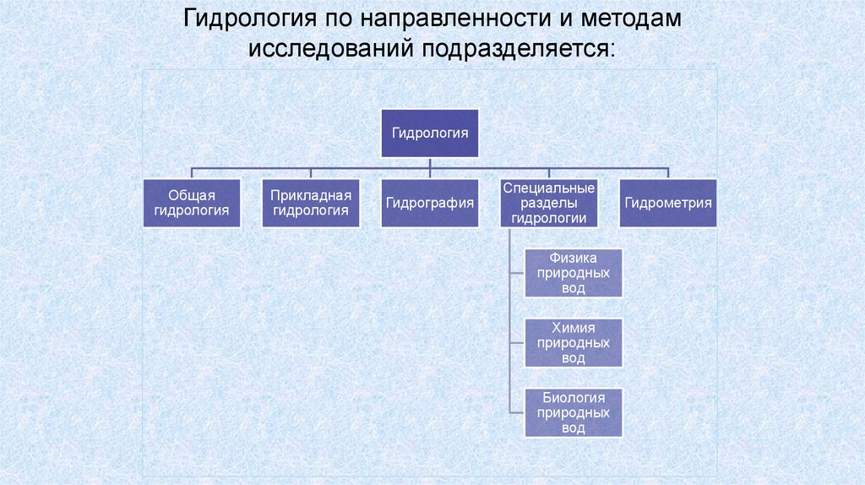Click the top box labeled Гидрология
click(x=429, y=133)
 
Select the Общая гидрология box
click(x=191, y=203)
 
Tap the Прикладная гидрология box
click(x=310, y=203)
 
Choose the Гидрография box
click(x=429, y=203)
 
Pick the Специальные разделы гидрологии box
click(x=549, y=203)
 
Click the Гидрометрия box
click(x=668, y=203)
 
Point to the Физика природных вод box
click(x=574, y=273)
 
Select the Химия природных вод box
click(x=574, y=343)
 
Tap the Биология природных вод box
click(x=574, y=413)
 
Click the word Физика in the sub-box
click(x=574, y=259)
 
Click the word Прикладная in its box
click(x=310, y=195)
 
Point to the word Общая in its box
click(x=191, y=195)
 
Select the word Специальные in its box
click(x=549, y=188)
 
